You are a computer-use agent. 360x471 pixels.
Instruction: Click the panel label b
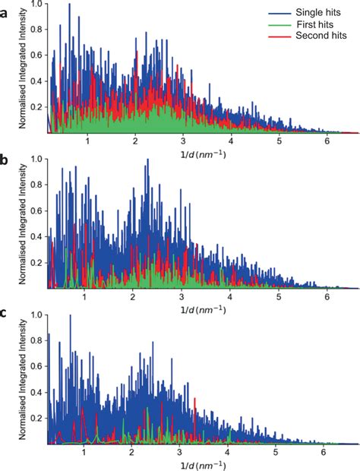click(5, 162)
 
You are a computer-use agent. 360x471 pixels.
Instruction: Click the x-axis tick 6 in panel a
click(327, 141)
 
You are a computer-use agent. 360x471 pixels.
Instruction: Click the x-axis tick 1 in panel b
click(87, 295)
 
